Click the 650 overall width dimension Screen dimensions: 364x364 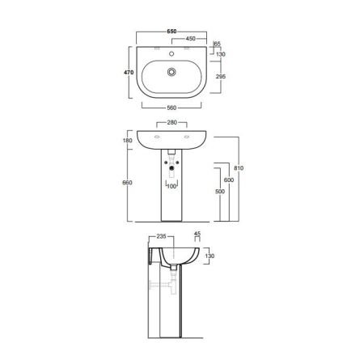pos(171,32)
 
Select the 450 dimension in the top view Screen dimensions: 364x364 pos(190,39)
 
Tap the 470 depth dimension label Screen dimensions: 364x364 pos(129,72)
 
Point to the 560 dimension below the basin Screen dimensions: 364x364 pos(171,108)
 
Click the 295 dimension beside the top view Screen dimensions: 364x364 pos(221,77)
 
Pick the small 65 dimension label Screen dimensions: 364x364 pos(218,44)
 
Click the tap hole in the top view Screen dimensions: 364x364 pos(171,53)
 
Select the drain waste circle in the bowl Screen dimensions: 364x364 pos(171,72)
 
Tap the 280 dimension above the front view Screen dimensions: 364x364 pos(171,122)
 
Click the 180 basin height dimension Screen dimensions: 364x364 pos(127,141)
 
